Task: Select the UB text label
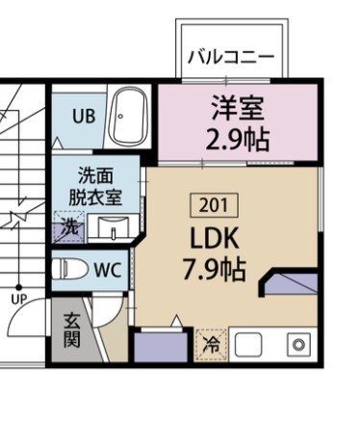[84, 117]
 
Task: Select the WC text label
[107, 270]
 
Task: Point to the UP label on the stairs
[19, 298]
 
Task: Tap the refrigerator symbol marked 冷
[211, 343]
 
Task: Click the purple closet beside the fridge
[161, 346]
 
